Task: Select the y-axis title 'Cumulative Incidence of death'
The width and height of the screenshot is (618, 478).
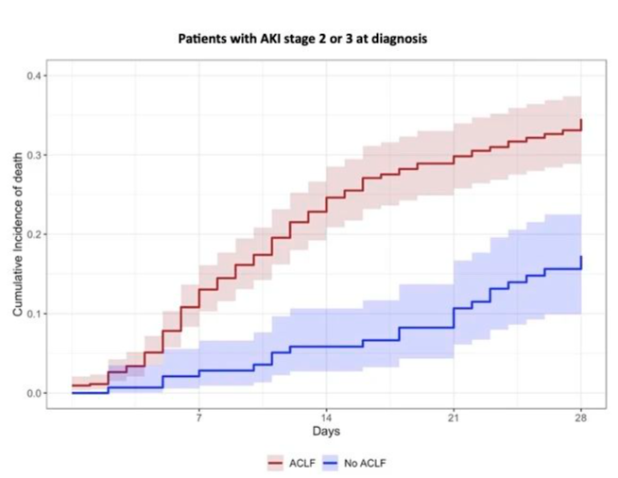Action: pos(18,234)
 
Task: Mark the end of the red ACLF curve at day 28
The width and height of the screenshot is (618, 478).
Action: pos(581,124)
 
